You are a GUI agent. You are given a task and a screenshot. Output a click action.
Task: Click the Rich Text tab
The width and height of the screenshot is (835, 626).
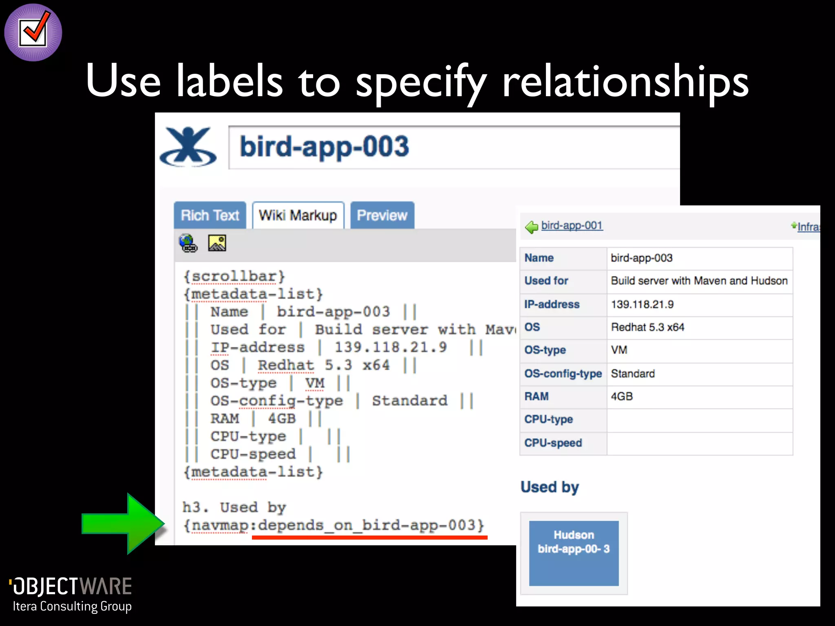(210, 215)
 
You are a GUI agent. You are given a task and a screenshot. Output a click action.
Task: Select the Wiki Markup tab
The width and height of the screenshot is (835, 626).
(298, 215)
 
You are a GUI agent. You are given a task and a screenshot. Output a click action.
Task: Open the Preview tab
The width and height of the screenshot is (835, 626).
(382, 215)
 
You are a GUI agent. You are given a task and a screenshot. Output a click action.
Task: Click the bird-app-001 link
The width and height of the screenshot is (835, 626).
(572, 225)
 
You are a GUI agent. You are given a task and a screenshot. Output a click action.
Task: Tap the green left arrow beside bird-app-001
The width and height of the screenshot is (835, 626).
(532, 227)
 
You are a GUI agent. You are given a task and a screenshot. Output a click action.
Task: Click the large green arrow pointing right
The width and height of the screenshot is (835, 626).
(123, 524)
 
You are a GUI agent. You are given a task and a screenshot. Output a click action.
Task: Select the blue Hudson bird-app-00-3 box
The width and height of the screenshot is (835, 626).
(574, 553)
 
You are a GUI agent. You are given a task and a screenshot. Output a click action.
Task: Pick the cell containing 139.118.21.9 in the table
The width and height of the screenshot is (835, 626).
(699, 304)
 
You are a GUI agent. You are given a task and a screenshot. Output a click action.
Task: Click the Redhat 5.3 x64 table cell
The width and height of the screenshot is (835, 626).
(699, 327)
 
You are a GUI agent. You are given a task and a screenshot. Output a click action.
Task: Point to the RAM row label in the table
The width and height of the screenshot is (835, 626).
(537, 397)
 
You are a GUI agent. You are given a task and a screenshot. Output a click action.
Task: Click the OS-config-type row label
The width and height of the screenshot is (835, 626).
(563, 374)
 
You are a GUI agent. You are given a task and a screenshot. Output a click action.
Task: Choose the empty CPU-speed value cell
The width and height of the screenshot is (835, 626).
(699, 443)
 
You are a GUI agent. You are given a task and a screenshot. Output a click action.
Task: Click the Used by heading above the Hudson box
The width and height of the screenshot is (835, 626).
(550, 487)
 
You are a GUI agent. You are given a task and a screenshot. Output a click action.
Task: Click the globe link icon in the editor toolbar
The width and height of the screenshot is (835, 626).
(188, 243)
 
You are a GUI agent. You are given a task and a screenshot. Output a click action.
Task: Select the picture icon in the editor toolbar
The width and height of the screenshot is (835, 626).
(217, 243)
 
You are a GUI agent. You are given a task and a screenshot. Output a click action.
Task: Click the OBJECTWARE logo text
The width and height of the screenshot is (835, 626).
(72, 586)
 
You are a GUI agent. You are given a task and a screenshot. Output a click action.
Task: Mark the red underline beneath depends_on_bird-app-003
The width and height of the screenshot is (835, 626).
(369, 538)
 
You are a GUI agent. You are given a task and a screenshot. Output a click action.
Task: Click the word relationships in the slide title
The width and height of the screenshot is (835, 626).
(625, 82)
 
